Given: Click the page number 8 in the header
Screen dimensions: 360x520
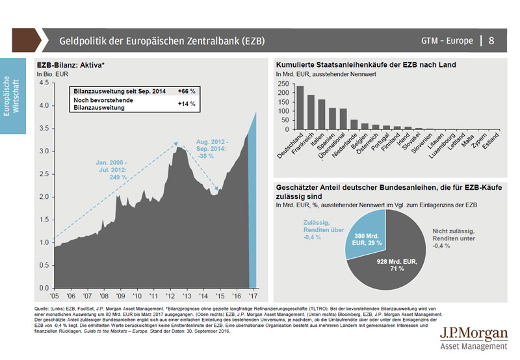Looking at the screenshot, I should point(491,41).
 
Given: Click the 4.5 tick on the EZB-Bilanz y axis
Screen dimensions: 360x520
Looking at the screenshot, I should point(44,83).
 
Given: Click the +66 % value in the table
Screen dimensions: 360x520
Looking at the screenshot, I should point(186,92).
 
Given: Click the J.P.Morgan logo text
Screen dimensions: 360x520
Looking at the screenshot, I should point(473,334).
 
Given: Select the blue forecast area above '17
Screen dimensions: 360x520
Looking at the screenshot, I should point(254,208).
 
